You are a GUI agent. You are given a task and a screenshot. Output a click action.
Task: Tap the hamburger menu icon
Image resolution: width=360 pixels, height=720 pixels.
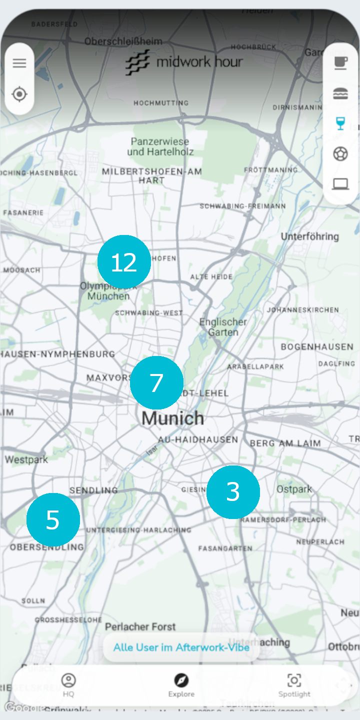click(x=19, y=63)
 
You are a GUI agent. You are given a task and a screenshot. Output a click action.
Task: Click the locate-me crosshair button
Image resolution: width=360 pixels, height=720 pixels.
click(x=19, y=94)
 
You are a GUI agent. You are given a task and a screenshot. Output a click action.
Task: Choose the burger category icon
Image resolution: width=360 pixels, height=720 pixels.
click(x=340, y=93)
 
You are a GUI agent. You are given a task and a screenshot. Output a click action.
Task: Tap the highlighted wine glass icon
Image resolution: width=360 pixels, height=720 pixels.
click(x=340, y=123)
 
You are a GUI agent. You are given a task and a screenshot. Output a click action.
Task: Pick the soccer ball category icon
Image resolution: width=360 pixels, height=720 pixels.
click(x=340, y=154)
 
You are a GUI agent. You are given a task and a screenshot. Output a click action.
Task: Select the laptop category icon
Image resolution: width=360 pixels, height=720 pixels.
click(x=340, y=184)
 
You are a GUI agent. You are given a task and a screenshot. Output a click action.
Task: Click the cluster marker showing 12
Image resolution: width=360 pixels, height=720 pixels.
click(x=124, y=262)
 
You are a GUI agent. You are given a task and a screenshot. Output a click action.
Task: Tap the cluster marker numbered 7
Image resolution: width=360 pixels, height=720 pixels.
click(x=156, y=383)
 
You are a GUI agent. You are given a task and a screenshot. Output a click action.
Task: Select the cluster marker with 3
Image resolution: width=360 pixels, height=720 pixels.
click(x=233, y=492)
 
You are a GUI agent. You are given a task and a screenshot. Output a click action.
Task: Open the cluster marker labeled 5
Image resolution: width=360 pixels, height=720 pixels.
click(x=53, y=520)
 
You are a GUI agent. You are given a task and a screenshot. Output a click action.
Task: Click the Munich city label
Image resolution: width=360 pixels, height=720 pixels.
click(x=172, y=418)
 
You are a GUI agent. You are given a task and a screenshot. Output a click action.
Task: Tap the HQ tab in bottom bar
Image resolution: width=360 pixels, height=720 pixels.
click(x=68, y=685)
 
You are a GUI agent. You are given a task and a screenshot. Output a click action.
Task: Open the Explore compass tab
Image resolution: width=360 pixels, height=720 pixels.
click(x=181, y=685)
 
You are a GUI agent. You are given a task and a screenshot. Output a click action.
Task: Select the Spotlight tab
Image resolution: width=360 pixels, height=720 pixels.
click(x=294, y=685)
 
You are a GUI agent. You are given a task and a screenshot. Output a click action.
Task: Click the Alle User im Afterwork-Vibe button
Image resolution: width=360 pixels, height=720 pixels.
click(x=181, y=647)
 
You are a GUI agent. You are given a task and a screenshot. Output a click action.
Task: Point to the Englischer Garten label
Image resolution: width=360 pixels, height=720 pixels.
click(x=223, y=327)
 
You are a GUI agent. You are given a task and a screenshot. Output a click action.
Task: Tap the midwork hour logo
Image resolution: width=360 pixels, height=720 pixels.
click(x=184, y=62)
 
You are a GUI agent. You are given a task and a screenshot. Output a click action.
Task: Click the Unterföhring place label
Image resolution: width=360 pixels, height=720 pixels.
click(x=309, y=236)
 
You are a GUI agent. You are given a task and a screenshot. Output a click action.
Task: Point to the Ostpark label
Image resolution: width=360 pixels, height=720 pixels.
click(x=294, y=489)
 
